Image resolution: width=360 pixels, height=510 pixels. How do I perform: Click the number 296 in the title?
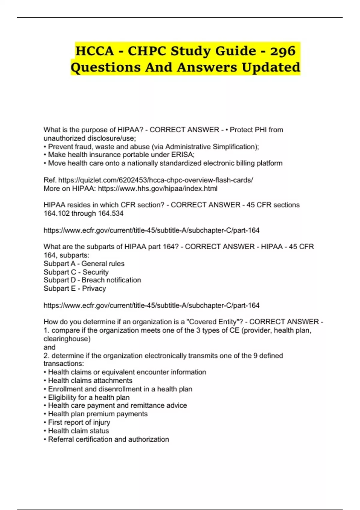pyautogui.click(x=283, y=51)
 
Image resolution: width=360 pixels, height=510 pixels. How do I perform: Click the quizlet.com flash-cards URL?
pyautogui.click(x=155, y=180)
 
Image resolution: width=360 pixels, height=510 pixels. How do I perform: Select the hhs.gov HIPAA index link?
pyautogui.click(x=157, y=188)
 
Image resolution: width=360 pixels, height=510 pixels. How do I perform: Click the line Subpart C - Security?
pyautogui.click(x=76, y=272)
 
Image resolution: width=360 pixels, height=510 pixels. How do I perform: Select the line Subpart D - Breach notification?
pyautogui.click(x=92, y=280)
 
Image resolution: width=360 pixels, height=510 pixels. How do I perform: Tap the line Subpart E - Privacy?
pyautogui.click(x=75, y=288)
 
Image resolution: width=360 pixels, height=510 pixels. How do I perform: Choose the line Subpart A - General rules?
pyautogui.click(x=84, y=264)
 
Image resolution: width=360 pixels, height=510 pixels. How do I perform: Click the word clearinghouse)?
pyautogui.click(x=67, y=339)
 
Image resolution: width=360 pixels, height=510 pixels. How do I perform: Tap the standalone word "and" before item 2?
pyautogui.click(x=49, y=347)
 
